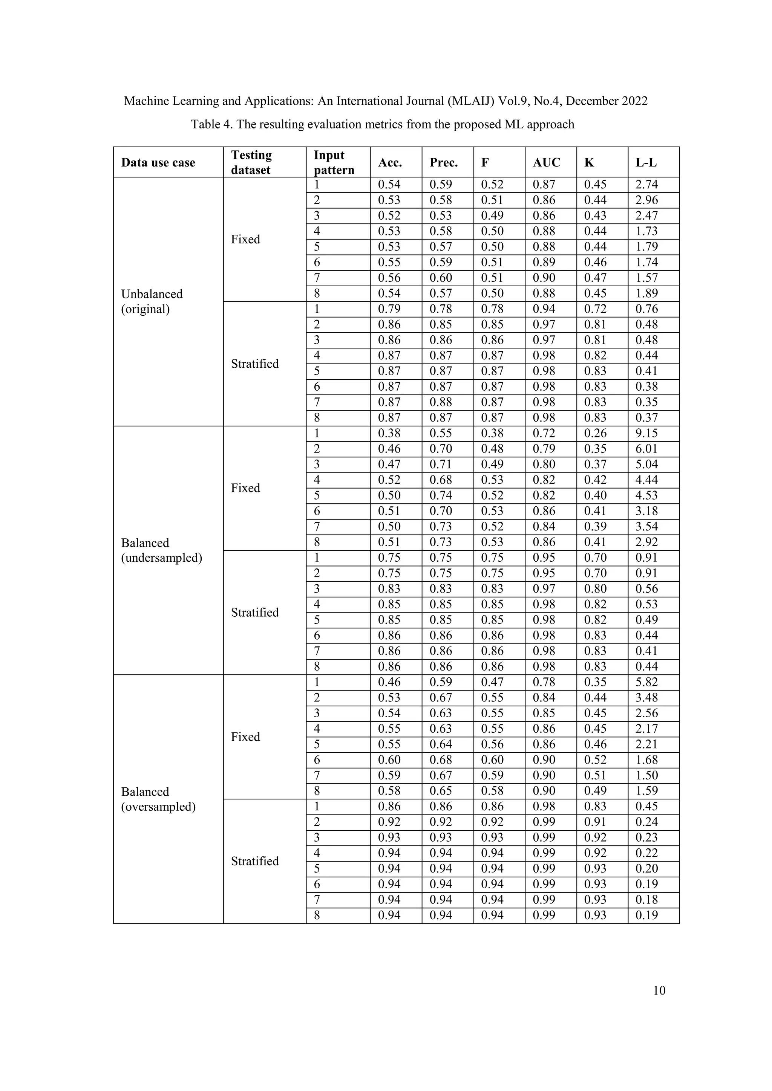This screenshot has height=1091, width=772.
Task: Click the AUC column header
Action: pyautogui.click(x=546, y=162)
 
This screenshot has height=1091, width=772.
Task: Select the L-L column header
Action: pyautogui.click(x=646, y=162)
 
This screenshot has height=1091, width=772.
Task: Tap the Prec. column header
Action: pyautogui.click(x=444, y=162)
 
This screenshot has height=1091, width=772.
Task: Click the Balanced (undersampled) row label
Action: pyautogui.click(x=161, y=550)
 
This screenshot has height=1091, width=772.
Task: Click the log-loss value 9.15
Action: pyautogui.click(x=646, y=433)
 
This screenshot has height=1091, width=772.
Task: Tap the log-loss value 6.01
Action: pyautogui.click(x=646, y=449)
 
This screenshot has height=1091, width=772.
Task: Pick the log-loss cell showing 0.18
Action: pyautogui.click(x=646, y=900)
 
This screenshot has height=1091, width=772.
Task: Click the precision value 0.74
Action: pyautogui.click(x=441, y=496)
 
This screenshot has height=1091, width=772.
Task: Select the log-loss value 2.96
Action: pyautogui.click(x=646, y=200)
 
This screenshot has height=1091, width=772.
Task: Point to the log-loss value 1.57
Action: pyautogui.click(x=646, y=278)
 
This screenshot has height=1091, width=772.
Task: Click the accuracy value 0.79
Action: pyautogui.click(x=389, y=309)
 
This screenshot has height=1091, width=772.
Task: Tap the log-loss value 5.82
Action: pyautogui.click(x=646, y=682)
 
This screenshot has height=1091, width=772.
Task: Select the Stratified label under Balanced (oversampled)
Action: pyautogui.click(x=255, y=861)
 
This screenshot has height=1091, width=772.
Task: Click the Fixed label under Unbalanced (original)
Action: pyautogui.click(x=245, y=240)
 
